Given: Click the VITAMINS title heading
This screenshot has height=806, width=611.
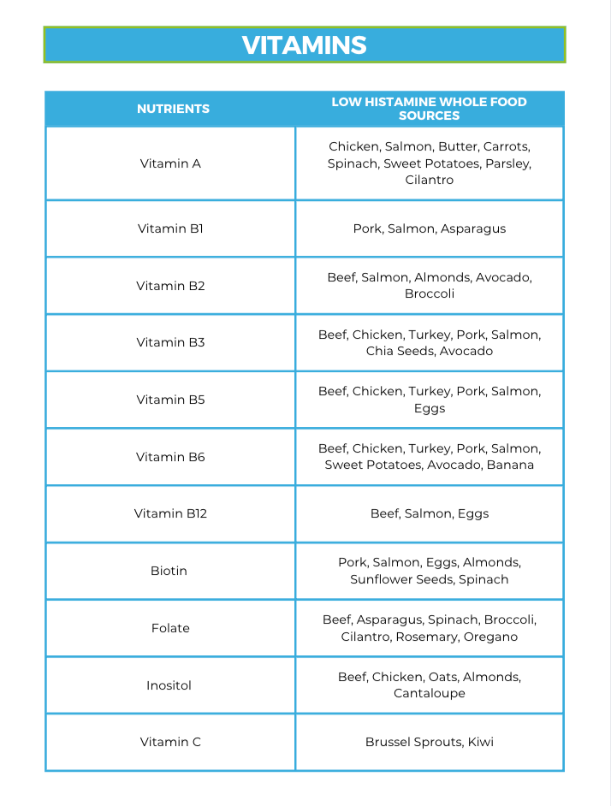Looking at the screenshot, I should [x=305, y=45].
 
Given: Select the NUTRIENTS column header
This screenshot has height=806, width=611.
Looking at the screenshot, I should [x=173, y=109].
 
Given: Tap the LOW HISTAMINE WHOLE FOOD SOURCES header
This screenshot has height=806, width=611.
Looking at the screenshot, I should [x=429, y=109].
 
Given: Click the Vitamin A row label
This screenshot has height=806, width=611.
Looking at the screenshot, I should [x=170, y=163].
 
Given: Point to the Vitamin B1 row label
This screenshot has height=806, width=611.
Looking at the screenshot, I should [x=170, y=228].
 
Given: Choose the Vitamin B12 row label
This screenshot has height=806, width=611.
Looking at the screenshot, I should [x=170, y=513].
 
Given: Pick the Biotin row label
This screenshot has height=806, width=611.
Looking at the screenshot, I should [x=169, y=571].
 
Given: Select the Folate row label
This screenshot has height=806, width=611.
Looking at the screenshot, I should [x=170, y=628].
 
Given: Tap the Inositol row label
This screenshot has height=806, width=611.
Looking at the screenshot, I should [x=169, y=685].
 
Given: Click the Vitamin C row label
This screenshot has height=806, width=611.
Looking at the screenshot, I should [x=170, y=742].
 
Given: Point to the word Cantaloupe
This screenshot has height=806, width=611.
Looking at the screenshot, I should [x=429, y=693].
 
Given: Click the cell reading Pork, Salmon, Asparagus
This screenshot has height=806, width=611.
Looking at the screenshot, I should [x=429, y=228].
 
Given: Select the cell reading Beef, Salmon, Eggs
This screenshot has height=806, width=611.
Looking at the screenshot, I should [x=429, y=513].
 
